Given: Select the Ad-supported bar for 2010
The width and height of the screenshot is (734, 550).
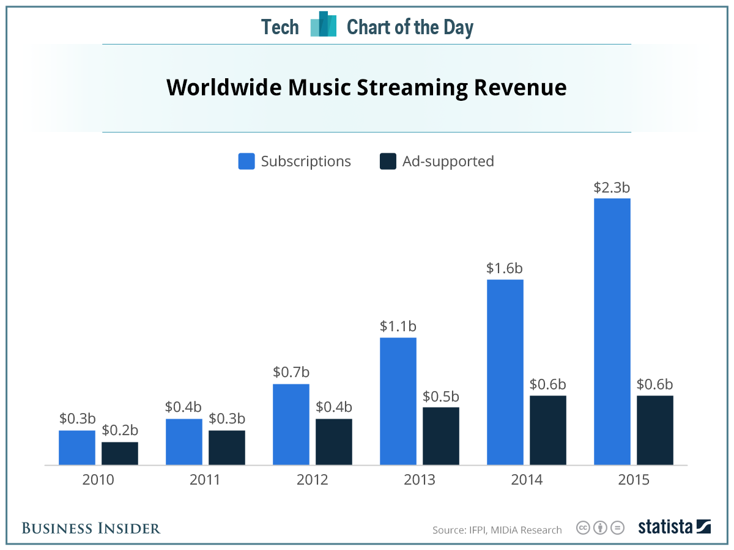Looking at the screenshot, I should click(119, 453).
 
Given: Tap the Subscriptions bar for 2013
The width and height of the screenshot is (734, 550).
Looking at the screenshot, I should click(398, 401).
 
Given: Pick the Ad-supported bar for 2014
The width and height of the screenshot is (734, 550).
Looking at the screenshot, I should click(547, 430).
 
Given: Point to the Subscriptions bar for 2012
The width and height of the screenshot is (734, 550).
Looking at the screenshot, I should click(291, 424).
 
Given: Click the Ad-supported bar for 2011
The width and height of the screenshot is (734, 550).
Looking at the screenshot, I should click(226, 447).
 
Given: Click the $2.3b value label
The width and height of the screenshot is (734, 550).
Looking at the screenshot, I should click(612, 188).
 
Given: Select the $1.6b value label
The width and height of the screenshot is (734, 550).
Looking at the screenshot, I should click(505, 268).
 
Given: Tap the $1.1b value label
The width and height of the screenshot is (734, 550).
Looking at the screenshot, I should click(398, 326).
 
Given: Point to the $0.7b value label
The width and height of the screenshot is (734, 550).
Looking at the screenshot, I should click(291, 373).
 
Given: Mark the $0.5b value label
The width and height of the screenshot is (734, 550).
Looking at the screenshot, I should click(440, 396).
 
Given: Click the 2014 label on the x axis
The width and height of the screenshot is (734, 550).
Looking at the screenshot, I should click(526, 480).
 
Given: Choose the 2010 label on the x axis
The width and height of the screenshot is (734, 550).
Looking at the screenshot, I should click(98, 480).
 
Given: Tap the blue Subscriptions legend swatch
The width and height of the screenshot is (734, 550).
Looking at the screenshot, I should click(247, 161).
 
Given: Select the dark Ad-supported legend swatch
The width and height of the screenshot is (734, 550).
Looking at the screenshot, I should click(388, 161).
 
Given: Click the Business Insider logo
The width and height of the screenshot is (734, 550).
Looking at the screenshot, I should click(91, 528).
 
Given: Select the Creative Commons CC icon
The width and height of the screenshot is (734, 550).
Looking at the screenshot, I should click(584, 527).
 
